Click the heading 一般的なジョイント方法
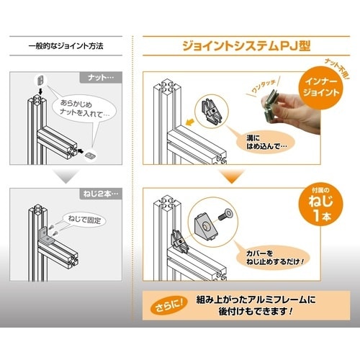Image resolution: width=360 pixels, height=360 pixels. [66, 46]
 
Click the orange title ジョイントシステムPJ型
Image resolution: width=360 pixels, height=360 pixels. [246, 45]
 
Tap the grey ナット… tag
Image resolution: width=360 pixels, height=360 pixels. [101, 78]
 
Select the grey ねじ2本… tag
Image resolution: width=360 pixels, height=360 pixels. [101, 194]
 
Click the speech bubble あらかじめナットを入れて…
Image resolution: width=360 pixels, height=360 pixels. [84, 109]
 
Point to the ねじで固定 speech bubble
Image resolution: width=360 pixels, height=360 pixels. [84, 220]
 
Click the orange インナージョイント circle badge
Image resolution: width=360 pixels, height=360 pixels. [321, 87]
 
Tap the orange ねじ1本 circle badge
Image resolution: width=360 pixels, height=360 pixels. [321, 206]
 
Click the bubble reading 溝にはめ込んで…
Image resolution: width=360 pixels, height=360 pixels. [266, 142]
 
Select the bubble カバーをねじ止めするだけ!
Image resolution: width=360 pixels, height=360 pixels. [274, 257]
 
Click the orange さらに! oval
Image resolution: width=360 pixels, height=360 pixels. [169, 305]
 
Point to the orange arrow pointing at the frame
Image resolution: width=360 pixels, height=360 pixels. [189, 122]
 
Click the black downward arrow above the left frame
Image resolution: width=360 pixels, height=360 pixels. [40, 91]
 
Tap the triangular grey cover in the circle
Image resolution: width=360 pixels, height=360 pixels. [206, 225]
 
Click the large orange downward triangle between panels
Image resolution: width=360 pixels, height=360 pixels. [232, 176]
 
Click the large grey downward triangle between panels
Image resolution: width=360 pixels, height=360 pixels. [66, 176]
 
